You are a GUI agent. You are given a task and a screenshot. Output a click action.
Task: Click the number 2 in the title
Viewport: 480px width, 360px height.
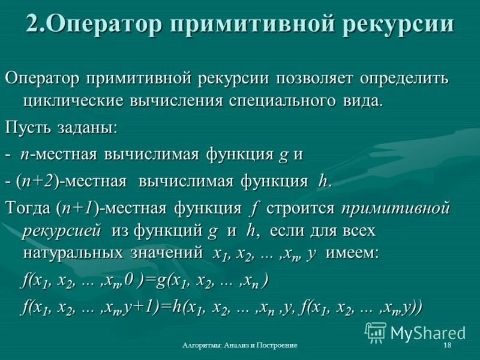34,25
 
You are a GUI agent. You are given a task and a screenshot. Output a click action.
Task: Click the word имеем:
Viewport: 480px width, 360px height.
352,252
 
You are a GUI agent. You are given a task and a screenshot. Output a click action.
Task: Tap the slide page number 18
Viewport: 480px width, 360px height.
447,347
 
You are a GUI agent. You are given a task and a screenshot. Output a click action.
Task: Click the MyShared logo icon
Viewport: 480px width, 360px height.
376,331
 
